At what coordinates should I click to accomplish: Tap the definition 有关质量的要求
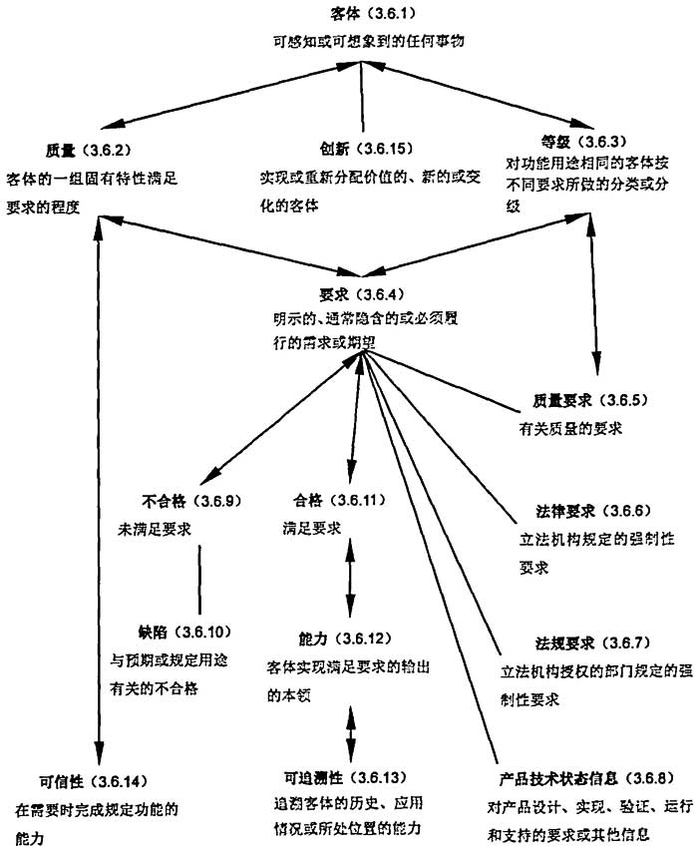pyautogui.click(x=563, y=429)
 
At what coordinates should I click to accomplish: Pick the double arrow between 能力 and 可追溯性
pyautogui.click(x=350, y=725)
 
